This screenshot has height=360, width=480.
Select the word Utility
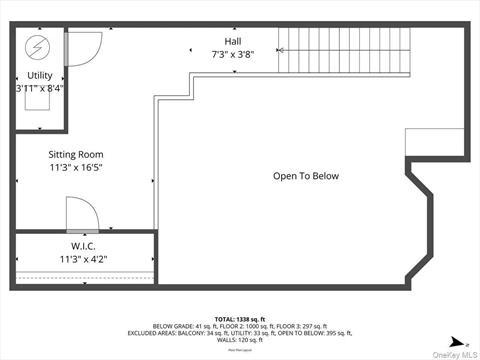point(40,75)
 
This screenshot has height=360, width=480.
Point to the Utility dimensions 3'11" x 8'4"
point(40,88)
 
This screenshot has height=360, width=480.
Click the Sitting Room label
point(76,154)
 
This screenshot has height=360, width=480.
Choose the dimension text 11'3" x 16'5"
point(76,168)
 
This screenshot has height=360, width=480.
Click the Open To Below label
point(306,176)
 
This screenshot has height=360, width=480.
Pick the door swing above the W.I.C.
point(80,213)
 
